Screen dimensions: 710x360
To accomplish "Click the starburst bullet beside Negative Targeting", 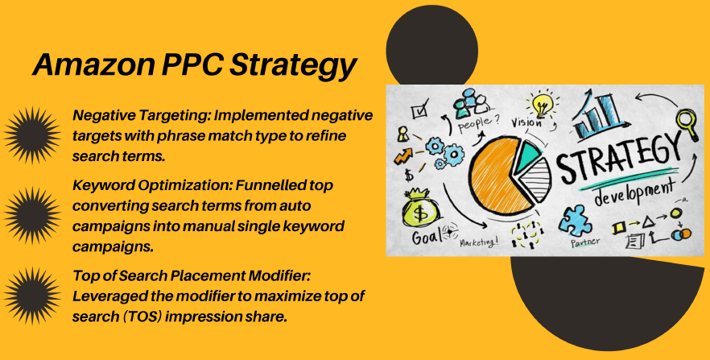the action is (32, 135).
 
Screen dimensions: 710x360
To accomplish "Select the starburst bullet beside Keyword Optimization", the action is (32, 215).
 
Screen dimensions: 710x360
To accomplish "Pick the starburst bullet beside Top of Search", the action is (32, 296).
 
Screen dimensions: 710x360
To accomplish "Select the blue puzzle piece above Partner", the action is (575, 221).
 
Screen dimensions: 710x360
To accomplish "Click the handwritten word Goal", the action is (427, 237).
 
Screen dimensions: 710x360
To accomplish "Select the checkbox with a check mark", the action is (419, 110).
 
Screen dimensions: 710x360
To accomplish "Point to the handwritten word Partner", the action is (585, 242).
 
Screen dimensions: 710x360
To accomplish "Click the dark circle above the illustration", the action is (431, 45).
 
